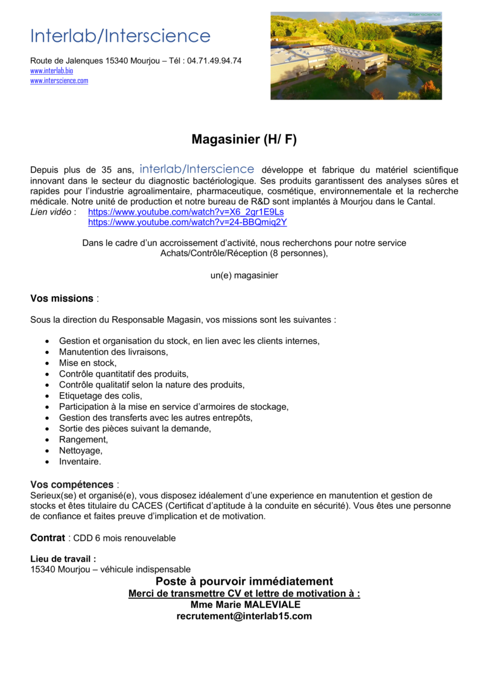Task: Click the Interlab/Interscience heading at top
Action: [120, 36]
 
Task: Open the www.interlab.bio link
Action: [52, 71]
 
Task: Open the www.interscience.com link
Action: [59, 81]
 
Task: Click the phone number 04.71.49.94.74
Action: [214, 61]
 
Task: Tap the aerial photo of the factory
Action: [356, 56]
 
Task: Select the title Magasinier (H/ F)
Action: [244, 140]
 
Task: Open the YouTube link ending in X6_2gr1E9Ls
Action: [185, 212]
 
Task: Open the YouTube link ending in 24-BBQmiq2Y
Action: [187, 223]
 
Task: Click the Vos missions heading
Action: [62, 299]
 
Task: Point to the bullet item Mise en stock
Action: [88, 363]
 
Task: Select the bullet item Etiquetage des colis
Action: [101, 396]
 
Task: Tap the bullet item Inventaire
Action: [80, 462]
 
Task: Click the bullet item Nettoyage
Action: [81, 451]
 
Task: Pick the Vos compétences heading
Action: [72, 485]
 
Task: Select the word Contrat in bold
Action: [48, 538]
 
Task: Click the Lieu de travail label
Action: [63, 559]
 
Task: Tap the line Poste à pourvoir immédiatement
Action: [244, 582]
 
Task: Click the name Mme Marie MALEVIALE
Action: [245, 605]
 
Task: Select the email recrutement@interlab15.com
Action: [244, 617]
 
